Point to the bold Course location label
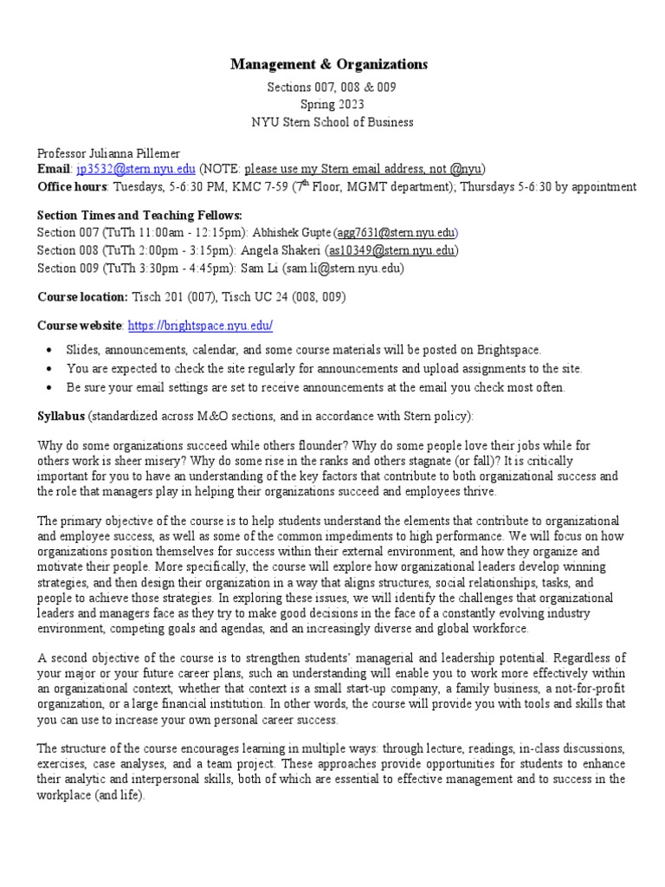pos(82,296)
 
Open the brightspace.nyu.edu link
pos(200,326)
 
